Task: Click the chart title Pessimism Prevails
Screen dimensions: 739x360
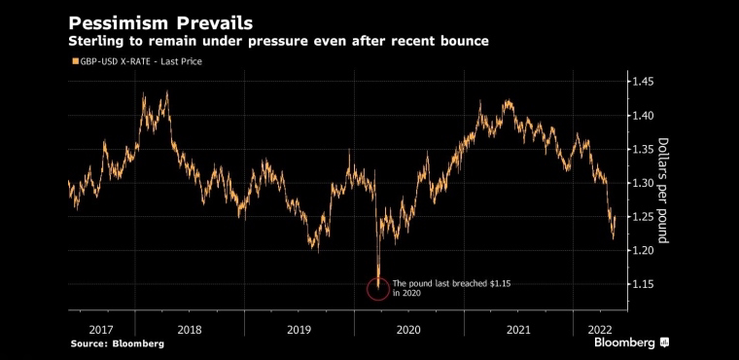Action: [x=160, y=22]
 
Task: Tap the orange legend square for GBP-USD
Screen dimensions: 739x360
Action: [x=74, y=61]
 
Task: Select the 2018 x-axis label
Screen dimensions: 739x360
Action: [x=190, y=329]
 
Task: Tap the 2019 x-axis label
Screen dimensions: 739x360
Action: [x=299, y=329]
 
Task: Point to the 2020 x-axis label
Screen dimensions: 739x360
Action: [x=408, y=329]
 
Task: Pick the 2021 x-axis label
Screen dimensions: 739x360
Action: [x=518, y=329]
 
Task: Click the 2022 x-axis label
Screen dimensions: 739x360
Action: [x=600, y=329]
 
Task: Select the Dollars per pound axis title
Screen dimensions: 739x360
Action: [x=663, y=191]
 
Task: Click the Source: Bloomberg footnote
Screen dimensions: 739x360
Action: [x=118, y=344]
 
